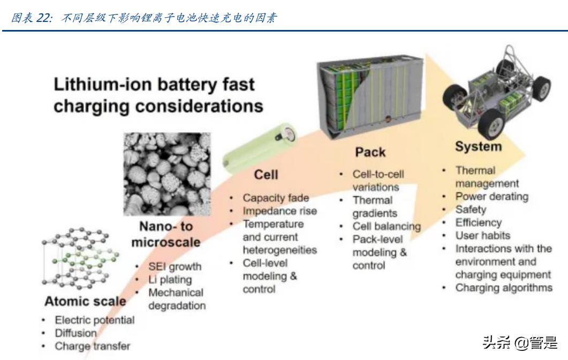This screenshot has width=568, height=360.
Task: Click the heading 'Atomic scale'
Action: click(85, 301)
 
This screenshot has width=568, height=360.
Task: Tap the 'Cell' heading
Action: click(266, 175)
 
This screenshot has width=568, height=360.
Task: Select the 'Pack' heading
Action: click(370, 152)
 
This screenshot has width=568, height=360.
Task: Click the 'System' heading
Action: click(478, 147)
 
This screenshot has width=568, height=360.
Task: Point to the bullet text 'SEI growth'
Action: click(175, 266)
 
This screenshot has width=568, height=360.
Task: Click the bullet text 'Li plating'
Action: click(170, 280)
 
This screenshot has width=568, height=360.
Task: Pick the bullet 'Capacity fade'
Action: click(276, 198)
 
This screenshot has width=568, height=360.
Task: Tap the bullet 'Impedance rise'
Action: click(279, 211)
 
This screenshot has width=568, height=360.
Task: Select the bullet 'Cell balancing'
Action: click(387, 226)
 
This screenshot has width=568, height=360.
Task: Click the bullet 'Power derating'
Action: click(491, 196)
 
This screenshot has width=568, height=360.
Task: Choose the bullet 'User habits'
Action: click(482, 235)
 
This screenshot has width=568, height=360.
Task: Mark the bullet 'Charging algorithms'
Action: click(504, 288)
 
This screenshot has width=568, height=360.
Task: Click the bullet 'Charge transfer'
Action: click(93, 346)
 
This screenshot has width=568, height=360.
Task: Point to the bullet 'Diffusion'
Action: click(75, 333)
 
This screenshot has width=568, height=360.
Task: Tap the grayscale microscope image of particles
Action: click(167, 174)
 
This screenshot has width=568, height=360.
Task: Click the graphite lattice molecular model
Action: click(80, 258)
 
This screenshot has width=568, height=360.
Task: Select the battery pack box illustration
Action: click(370, 97)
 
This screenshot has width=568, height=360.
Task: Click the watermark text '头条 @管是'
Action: click(520, 342)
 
